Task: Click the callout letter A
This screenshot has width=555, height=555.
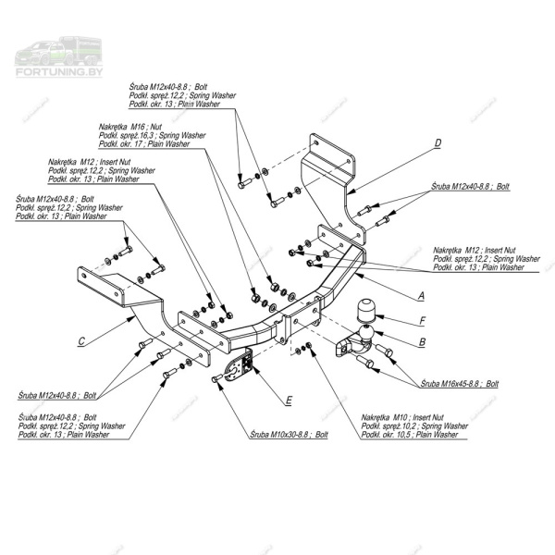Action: coord(422,296)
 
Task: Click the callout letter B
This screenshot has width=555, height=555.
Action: coord(422,341)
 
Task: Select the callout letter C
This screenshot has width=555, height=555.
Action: coord(81,341)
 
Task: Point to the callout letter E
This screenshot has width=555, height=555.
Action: coord(289,401)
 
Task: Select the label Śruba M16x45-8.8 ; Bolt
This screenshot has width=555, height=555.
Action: coord(460,382)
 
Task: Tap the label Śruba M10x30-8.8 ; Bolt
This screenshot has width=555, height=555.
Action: coord(289,434)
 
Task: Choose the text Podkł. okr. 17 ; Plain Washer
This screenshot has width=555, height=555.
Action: coord(143,144)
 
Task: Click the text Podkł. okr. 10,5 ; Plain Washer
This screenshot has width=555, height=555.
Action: coord(409,435)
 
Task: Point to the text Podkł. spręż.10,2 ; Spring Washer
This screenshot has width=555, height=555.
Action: coord(410,426)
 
